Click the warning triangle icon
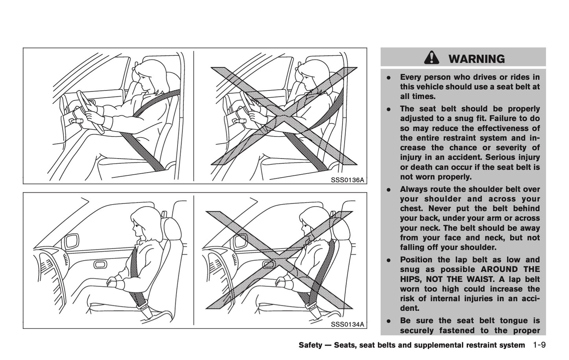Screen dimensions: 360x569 click(x=432, y=59)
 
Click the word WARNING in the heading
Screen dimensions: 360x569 click(x=476, y=59)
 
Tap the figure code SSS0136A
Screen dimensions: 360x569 click(x=347, y=180)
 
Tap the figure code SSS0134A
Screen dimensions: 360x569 click(x=347, y=324)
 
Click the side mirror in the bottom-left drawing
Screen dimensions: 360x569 click(x=72, y=240)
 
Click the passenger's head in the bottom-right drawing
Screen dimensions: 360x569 click(x=311, y=222)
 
